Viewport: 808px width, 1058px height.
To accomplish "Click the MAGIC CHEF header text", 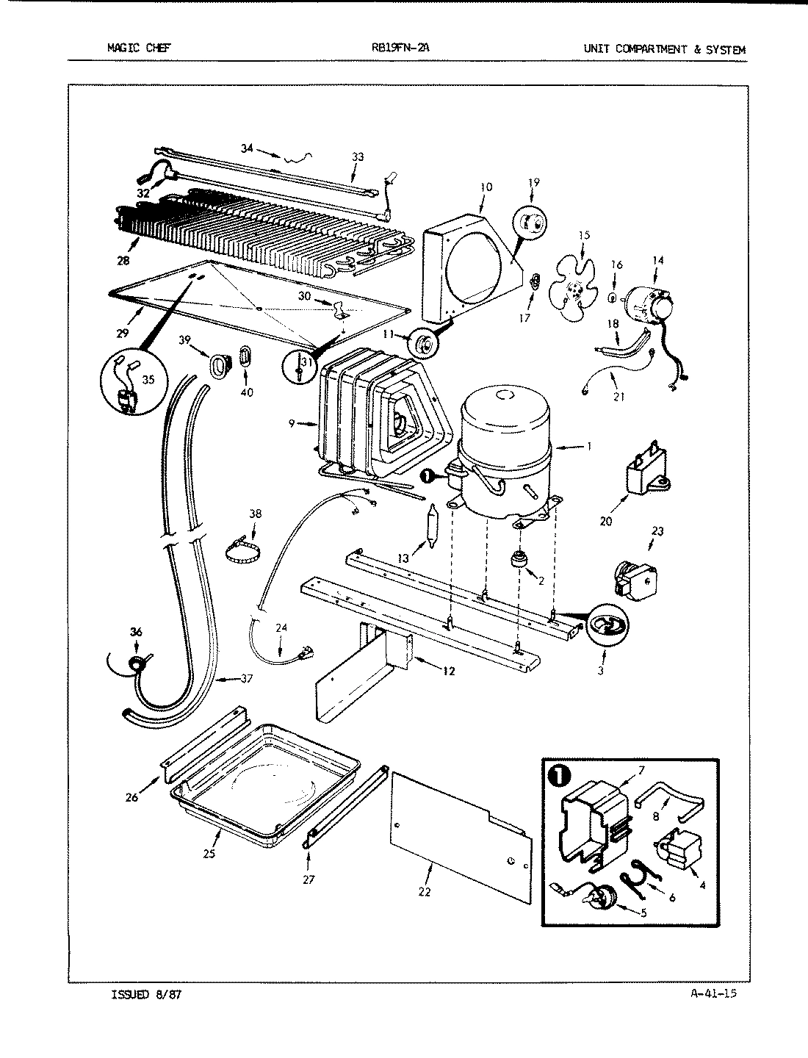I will click(x=139, y=50).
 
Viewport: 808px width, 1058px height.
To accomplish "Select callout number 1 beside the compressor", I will click(x=588, y=446).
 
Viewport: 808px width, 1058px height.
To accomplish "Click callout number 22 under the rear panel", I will click(x=425, y=892).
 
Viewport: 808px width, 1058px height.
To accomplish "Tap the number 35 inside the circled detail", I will click(x=149, y=380).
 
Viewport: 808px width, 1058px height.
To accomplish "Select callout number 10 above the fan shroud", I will click(x=486, y=187).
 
